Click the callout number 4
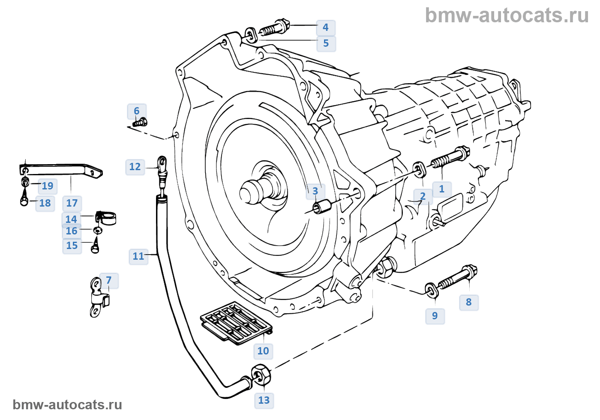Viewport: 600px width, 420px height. point(326,27)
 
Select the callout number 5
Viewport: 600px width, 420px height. point(326,43)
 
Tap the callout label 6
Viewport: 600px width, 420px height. point(137,111)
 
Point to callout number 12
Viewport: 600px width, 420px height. point(135,167)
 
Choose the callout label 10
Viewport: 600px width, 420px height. point(263,351)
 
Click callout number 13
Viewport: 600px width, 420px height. point(264,400)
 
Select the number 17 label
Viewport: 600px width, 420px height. point(72,203)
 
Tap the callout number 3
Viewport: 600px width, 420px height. point(315,191)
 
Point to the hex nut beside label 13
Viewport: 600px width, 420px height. point(261,375)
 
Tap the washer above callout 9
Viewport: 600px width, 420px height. point(431,290)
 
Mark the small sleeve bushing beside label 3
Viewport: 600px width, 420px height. point(322,207)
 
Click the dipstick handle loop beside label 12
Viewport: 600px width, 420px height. point(162,163)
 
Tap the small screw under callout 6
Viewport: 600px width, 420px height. point(140,123)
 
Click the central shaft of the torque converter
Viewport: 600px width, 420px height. point(253,191)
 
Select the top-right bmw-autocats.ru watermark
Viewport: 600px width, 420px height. point(507,15)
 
